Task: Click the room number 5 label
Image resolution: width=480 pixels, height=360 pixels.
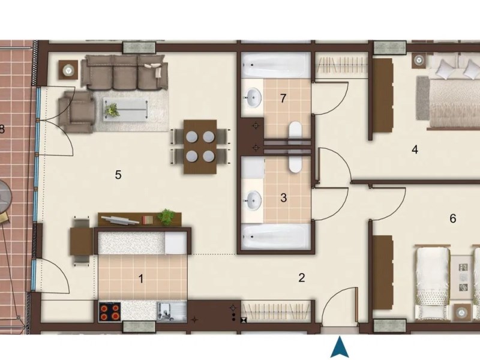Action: [x=118, y=175]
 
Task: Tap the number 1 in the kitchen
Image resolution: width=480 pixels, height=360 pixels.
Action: [x=141, y=279]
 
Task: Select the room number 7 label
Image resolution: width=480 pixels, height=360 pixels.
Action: [x=283, y=98]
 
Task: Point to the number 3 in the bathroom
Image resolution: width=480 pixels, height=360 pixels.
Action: [x=283, y=198]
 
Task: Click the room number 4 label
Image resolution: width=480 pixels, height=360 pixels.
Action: [x=415, y=149]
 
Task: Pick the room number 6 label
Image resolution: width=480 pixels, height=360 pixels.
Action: [x=453, y=218]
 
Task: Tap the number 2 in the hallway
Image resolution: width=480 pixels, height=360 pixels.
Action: [x=302, y=278]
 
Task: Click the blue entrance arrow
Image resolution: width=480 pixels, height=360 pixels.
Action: [x=340, y=347]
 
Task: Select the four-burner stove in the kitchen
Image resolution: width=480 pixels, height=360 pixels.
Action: [x=110, y=311]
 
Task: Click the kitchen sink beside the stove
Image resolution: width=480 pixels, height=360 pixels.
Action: [x=172, y=311]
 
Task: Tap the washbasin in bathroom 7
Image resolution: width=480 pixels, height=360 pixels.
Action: [x=253, y=97]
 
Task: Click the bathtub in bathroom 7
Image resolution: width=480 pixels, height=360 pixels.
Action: [x=275, y=65]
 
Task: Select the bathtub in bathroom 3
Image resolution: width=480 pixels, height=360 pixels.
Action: [x=275, y=236]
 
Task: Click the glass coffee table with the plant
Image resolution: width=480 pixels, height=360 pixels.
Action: [x=126, y=109]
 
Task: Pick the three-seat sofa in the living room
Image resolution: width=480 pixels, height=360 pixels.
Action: [x=125, y=72]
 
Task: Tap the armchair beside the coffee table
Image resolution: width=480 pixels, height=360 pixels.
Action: [x=77, y=112]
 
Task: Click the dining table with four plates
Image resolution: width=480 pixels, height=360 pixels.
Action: [x=200, y=146]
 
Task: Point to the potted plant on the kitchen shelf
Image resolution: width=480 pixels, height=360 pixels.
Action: [x=166, y=217]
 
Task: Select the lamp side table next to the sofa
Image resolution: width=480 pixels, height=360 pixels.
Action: [x=68, y=70]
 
